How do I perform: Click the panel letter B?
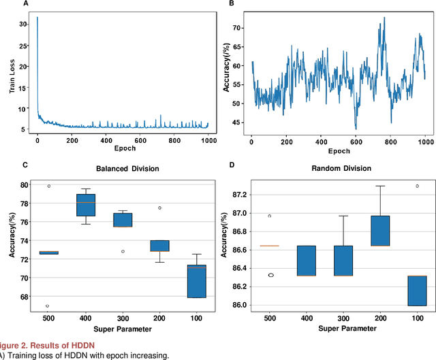[231, 4]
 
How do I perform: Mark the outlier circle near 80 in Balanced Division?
[48, 186]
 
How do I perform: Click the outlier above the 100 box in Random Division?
[417, 186]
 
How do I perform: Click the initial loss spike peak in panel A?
[37, 18]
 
